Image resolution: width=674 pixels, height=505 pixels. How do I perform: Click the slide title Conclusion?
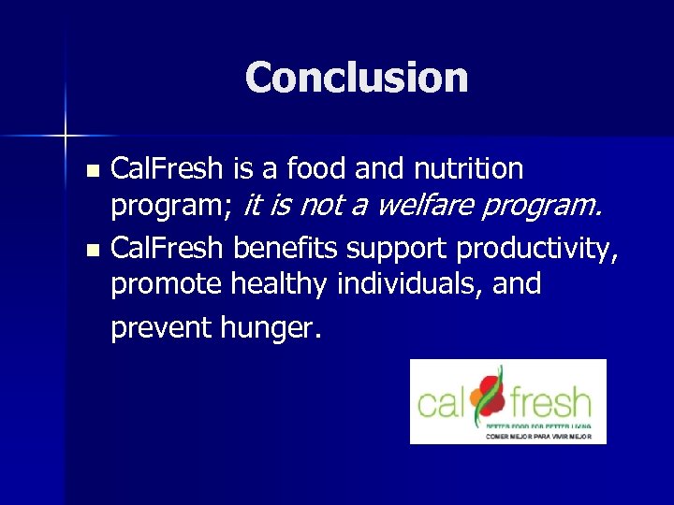[356, 78]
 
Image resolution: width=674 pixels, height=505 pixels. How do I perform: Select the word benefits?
[287, 249]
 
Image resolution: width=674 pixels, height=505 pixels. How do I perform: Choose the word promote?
[167, 285]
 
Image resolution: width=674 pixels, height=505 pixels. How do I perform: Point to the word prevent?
[163, 327]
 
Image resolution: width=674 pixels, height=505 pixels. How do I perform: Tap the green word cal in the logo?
[443, 403]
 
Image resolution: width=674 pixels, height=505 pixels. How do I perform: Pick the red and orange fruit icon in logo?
[488, 395]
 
